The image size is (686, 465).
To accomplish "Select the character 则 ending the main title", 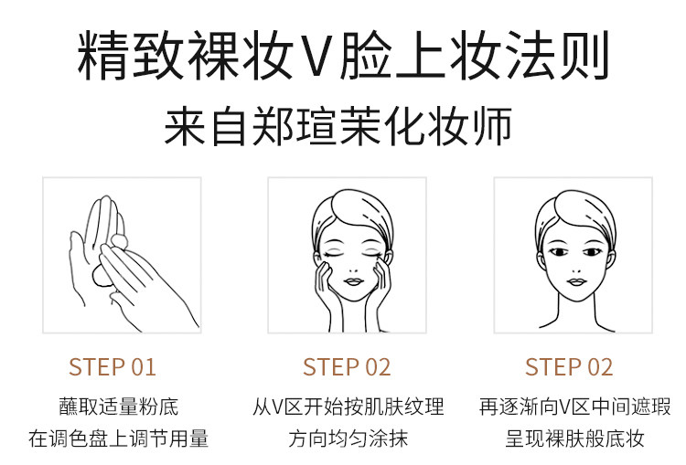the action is click(x=584, y=56).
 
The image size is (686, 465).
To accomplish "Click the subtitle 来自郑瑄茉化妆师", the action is click(x=338, y=125).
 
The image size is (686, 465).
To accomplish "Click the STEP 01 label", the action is click(x=112, y=367).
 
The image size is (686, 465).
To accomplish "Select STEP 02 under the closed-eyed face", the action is click(x=347, y=367).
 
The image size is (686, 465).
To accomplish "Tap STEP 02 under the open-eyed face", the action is click(x=569, y=367).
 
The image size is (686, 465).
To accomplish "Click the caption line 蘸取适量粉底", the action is click(x=119, y=407).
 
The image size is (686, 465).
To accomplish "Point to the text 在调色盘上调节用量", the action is click(x=119, y=439).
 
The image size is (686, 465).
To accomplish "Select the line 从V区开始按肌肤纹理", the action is click(x=348, y=407).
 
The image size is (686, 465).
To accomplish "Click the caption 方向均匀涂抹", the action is click(x=348, y=439).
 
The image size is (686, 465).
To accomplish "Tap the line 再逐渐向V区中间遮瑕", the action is click(x=575, y=407).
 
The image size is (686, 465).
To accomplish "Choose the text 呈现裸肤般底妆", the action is click(x=575, y=439).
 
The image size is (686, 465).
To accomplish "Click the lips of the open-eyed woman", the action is click(x=576, y=282).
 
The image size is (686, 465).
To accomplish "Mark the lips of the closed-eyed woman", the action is click(x=353, y=281).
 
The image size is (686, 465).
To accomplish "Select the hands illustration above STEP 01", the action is click(x=131, y=263).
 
